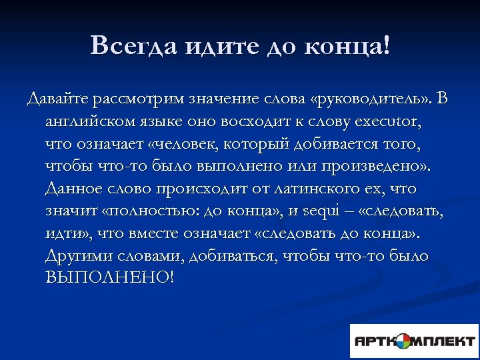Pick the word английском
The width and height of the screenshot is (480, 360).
pyautogui.click(x=91, y=123)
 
